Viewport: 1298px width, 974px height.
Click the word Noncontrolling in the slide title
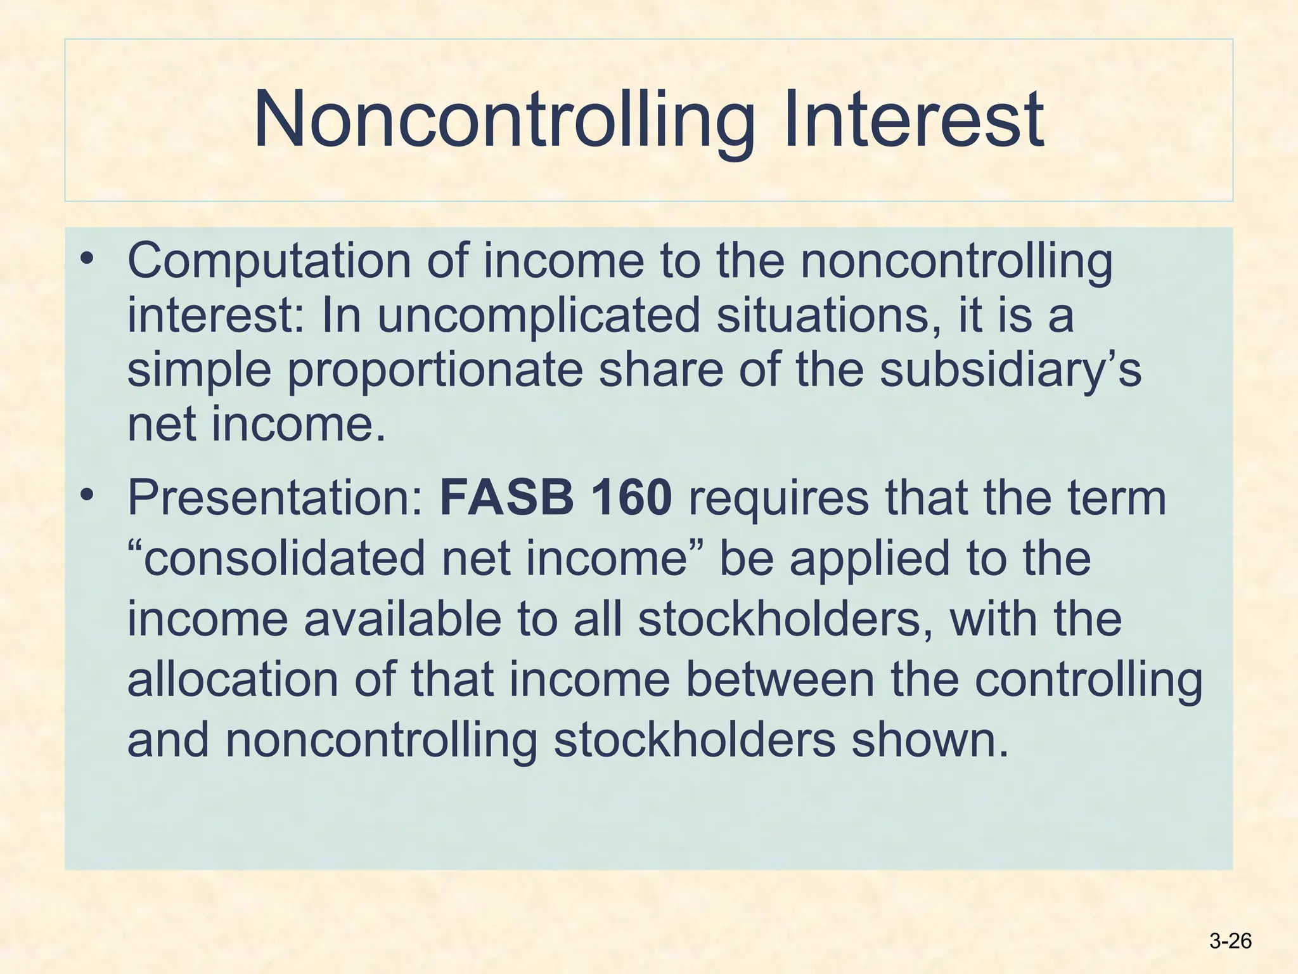point(504,120)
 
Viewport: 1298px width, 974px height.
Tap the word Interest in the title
point(913,120)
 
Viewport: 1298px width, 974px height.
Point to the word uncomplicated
point(539,316)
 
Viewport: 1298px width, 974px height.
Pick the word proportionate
point(435,370)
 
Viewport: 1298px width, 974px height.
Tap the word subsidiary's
point(1010,370)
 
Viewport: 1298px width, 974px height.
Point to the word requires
point(778,498)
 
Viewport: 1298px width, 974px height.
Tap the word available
point(402,619)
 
